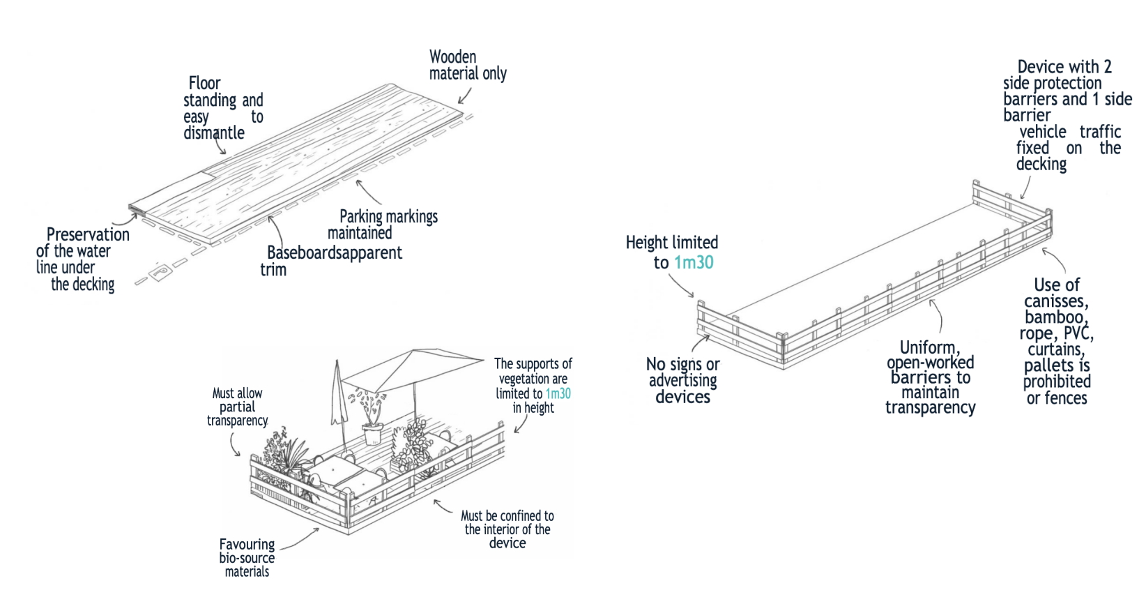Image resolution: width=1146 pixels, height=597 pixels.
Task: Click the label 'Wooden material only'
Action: coord(468,65)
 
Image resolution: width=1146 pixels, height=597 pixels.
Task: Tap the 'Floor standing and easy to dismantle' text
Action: coord(224,107)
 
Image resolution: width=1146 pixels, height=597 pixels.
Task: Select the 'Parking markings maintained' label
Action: coord(383,225)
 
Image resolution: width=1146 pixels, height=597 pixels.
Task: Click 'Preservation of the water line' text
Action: coord(82,259)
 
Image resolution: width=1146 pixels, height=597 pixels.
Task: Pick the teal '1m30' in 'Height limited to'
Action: coord(694,262)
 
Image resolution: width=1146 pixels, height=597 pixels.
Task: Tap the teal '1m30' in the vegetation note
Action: coord(558,393)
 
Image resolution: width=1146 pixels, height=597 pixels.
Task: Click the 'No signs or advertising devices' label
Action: coord(682,380)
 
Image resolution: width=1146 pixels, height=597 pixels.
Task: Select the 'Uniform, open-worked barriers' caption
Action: coord(930,377)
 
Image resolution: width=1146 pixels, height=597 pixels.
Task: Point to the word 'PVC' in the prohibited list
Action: coord(1078,333)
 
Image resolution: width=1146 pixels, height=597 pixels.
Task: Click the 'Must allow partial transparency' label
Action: coord(238,407)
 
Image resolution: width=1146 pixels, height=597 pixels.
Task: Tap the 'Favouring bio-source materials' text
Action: coord(247,557)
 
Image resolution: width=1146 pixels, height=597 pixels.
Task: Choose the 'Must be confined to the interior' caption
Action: coord(507,529)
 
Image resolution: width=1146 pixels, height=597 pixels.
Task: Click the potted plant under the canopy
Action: coord(372,417)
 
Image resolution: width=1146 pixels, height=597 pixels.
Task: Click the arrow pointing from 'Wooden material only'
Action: coord(465,96)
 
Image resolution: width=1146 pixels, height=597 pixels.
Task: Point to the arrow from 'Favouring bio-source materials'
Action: coord(300,539)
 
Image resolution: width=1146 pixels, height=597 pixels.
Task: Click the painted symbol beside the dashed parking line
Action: coord(159,272)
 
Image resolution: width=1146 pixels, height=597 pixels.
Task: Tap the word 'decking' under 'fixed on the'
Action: coord(1041,165)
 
